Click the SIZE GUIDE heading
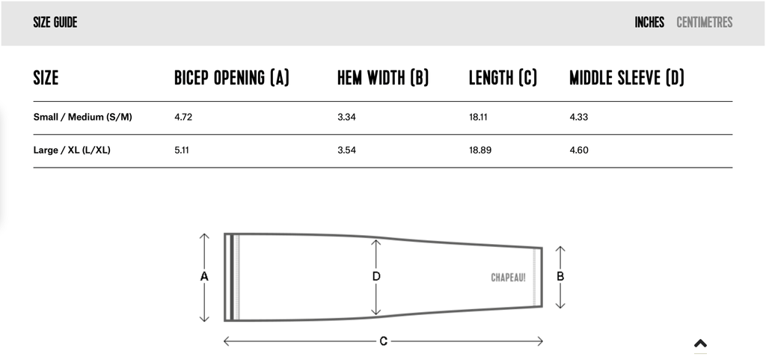(55, 22)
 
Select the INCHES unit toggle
(649, 22)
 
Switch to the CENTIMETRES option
(705, 22)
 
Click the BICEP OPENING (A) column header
(232, 78)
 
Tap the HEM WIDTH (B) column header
(383, 78)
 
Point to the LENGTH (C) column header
(503, 78)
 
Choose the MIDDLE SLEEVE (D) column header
(627, 78)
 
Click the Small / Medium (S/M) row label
(82, 118)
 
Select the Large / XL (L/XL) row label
(72, 150)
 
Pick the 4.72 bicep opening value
(183, 118)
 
